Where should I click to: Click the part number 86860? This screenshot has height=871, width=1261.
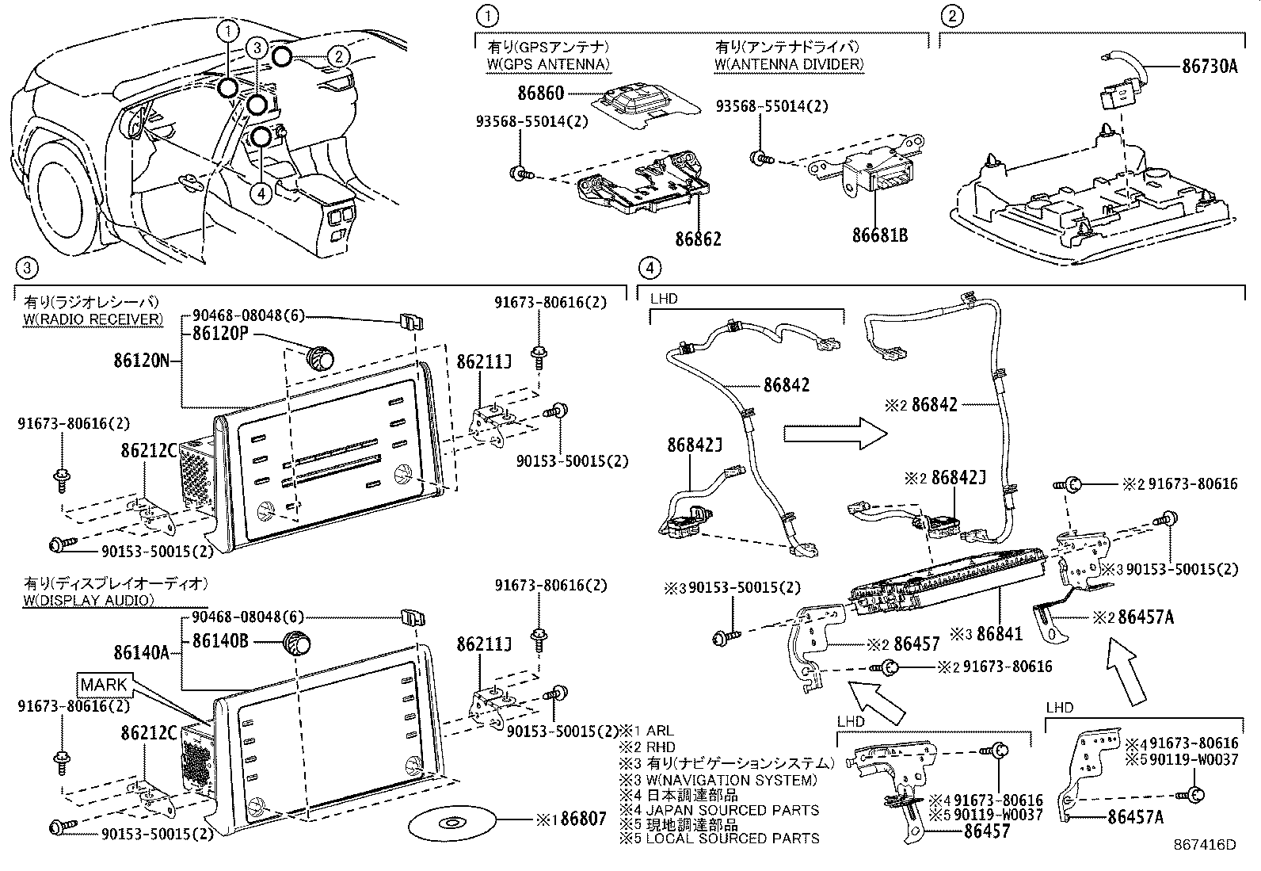tap(540, 93)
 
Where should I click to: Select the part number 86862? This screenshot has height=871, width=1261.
tap(698, 239)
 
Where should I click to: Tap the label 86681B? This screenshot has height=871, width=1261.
tap(880, 235)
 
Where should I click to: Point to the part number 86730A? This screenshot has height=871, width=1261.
tap(1210, 67)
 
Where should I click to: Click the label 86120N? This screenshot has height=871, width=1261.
tap(142, 360)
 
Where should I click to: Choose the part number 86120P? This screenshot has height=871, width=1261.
tap(220, 333)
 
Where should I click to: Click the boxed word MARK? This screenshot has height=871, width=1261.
tap(104, 685)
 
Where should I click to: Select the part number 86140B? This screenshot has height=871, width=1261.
tap(220, 641)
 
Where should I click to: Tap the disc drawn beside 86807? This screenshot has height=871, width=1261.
tap(451, 823)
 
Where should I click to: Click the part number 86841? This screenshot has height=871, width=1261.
tap(1000, 634)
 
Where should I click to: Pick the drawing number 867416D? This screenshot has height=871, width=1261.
tap(1205, 845)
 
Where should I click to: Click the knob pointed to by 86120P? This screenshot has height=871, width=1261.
tap(320, 357)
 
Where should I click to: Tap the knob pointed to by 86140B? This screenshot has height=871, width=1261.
tap(297, 643)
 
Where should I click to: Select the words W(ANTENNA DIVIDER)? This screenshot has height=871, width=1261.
tap(789, 65)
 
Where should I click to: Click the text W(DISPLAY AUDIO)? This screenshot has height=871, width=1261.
tap(89, 600)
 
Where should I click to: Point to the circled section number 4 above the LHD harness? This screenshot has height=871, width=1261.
tap(650, 268)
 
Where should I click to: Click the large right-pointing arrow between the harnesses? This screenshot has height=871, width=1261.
tap(836, 434)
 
